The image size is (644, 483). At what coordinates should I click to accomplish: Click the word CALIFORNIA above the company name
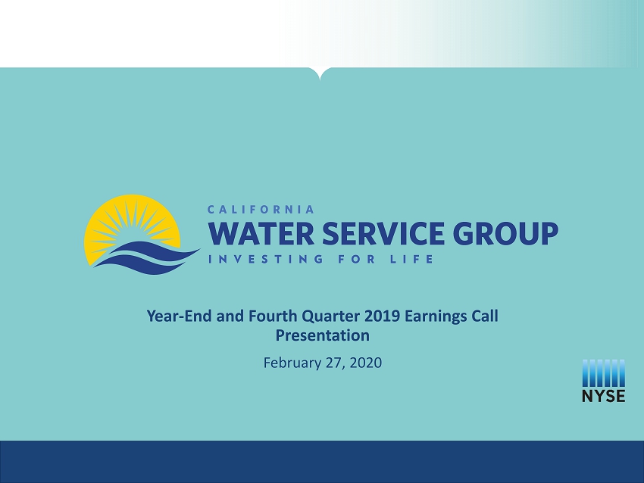[261, 210]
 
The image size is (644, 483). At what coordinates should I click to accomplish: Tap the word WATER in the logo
[261, 233]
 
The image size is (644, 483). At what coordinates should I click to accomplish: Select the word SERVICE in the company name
[383, 233]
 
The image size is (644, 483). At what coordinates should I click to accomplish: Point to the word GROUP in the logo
[505, 233]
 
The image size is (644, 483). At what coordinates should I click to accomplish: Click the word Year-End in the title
[179, 316]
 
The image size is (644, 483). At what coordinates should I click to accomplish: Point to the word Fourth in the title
[273, 316]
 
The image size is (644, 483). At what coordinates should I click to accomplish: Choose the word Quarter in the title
[330, 316]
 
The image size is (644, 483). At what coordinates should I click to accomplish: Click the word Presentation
[323, 335]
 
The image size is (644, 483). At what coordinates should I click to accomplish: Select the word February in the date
[292, 363]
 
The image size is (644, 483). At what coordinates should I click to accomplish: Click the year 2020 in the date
[367, 363]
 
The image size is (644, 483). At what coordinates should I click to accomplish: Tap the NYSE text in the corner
[603, 396]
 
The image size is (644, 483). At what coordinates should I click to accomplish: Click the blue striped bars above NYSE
[603, 373]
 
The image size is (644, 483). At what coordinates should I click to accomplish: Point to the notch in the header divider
[320, 75]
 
